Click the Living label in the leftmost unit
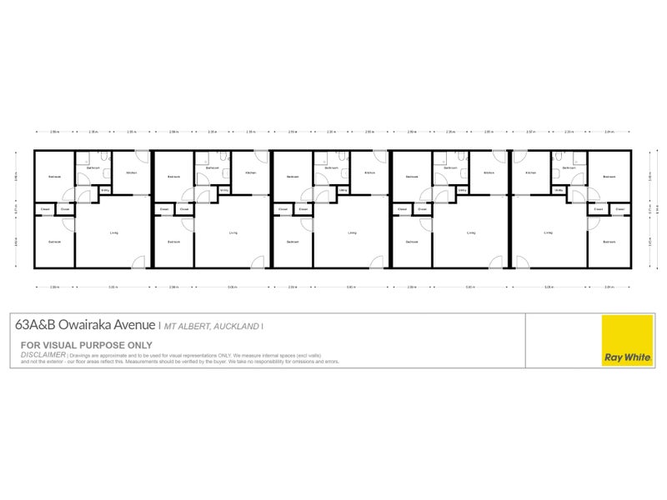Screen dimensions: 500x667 pyautogui.click(x=113, y=232)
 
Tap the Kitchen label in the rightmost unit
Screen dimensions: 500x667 pyautogui.click(x=530, y=173)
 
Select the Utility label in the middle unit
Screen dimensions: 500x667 pyautogui.click(x=344, y=190)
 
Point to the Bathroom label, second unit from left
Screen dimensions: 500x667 pyautogui.click(x=212, y=167)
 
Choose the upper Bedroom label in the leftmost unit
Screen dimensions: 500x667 pyautogui.click(x=54, y=177)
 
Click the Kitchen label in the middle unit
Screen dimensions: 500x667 pyautogui.click(x=369, y=173)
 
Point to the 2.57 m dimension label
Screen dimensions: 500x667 pyautogui.click(x=530, y=132)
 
